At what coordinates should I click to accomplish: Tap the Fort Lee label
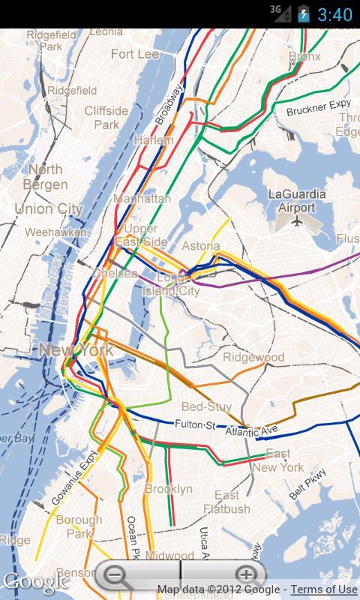tap(136, 54)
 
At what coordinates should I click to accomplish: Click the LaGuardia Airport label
tap(297, 201)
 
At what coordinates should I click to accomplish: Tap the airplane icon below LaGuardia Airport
tap(298, 222)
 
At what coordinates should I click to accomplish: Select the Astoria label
tap(201, 246)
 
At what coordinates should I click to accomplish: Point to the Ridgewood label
tap(253, 357)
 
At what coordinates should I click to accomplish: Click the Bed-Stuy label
tap(202, 406)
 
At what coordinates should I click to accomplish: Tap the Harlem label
tap(153, 140)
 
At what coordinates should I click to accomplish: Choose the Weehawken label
tap(55, 232)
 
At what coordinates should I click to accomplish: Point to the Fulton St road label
tap(196, 425)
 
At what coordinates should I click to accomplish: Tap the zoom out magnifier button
tap(118, 576)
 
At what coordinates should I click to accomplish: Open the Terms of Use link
tap(324, 589)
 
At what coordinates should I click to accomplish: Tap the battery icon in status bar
tap(303, 14)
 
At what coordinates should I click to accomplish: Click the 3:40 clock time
tap(335, 14)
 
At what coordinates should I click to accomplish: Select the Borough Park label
tap(78, 526)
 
